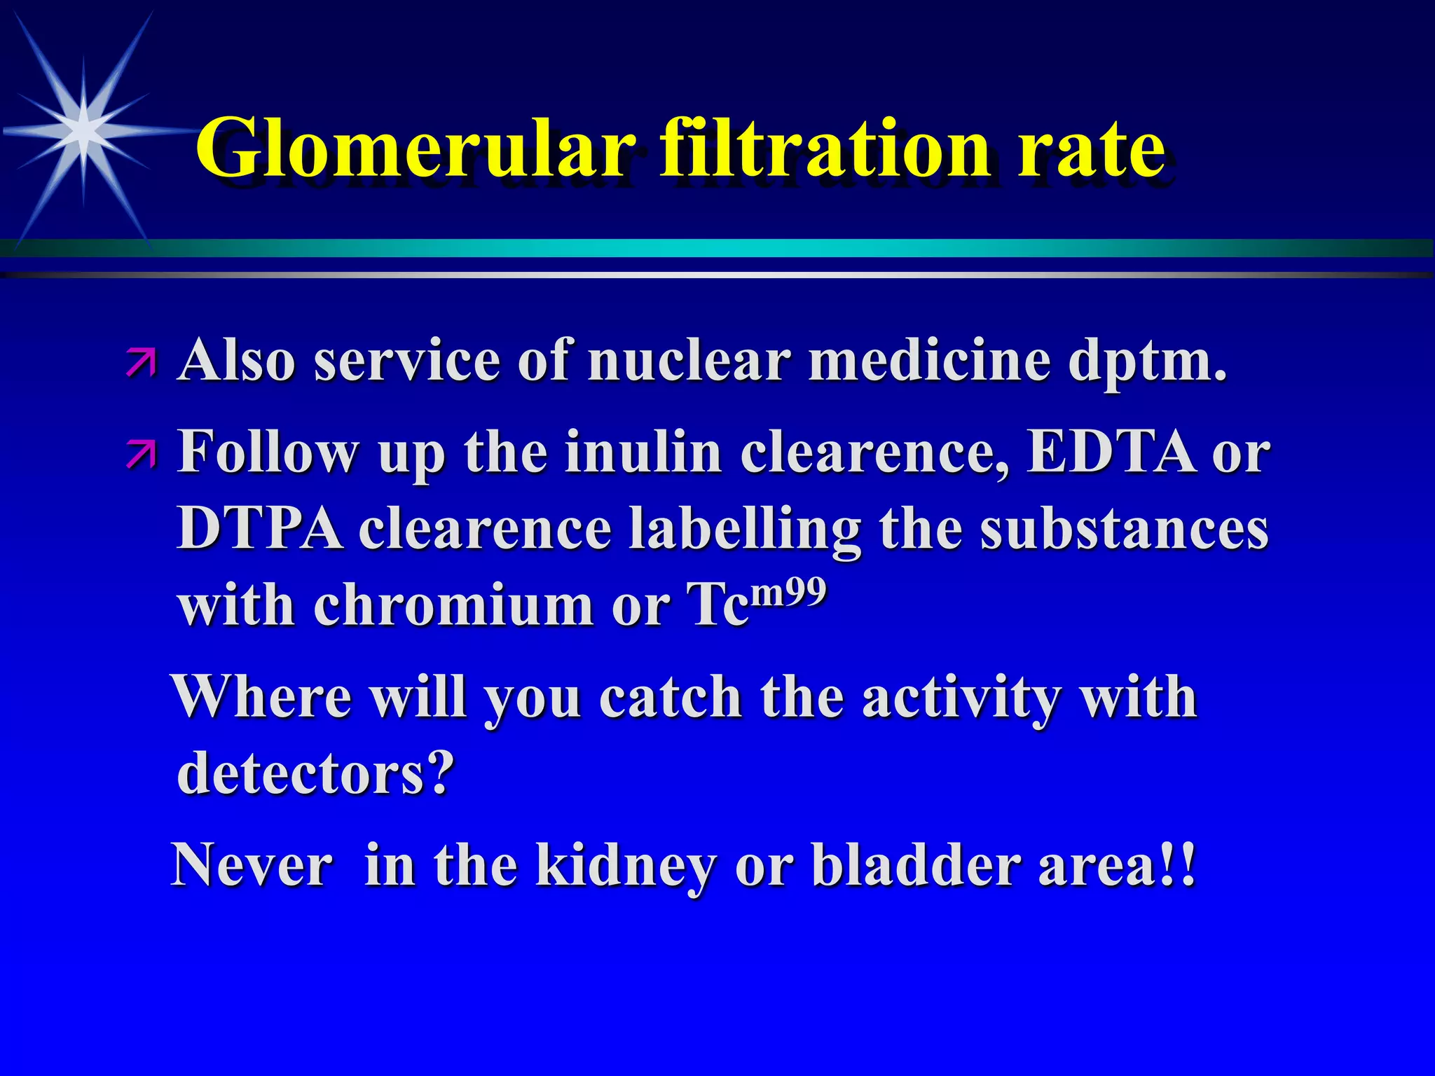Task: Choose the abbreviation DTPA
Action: (x=260, y=529)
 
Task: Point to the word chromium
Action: (x=453, y=605)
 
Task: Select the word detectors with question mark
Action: (x=315, y=773)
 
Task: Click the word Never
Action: (x=252, y=865)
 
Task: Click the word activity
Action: (x=959, y=699)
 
